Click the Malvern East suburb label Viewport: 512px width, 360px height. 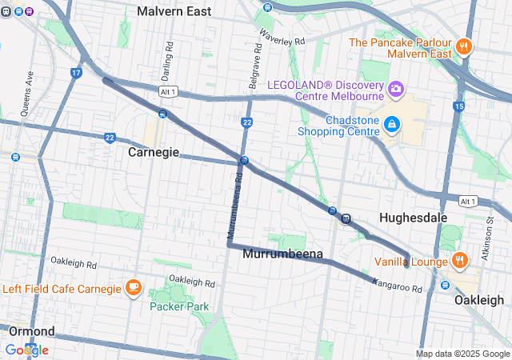click(174, 11)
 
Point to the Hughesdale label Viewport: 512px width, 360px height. click(412, 217)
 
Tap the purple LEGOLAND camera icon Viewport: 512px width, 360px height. click(395, 86)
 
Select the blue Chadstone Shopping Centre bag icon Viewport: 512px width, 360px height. click(392, 124)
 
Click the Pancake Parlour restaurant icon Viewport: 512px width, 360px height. click(463, 46)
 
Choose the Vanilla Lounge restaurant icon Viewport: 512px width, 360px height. click(459, 261)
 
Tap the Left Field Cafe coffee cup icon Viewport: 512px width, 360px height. click(134, 288)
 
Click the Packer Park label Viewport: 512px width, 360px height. click(178, 306)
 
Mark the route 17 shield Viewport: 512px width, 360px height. click(75, 73)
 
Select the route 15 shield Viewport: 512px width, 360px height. click(458, 106)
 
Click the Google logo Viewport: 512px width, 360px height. click(26, 350)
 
